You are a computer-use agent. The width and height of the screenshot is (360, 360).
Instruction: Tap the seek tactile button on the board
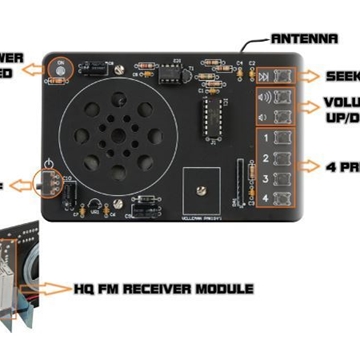pyautogui.click(x=284, y=77)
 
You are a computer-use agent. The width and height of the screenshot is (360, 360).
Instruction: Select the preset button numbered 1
pyautogui.click(x=284, y=137)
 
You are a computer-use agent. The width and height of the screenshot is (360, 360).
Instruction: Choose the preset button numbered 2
pyautogui.click(x=284, y=158)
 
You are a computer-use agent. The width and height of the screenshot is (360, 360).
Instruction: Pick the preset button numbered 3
pyautogui.click(x=284, y=179)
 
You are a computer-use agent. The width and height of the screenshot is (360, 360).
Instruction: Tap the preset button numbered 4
pyautogui.click(x=284, y=200)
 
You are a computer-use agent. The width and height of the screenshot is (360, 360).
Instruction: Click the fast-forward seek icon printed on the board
pyautogui.click(x=265, y=77)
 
